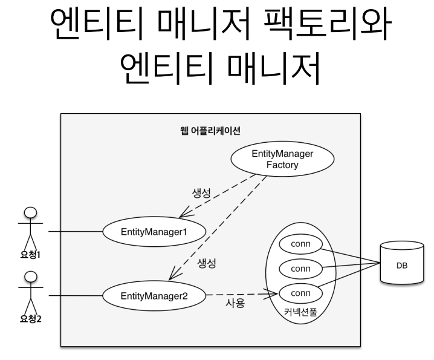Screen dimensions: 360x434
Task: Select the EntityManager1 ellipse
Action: [155, 231]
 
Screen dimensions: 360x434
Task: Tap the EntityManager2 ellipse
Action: [155, 296]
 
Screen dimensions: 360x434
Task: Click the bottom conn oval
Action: [300, 293]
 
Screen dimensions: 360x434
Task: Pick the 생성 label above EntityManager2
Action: [207, 263]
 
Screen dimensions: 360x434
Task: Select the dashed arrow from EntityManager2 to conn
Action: [242, 295]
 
